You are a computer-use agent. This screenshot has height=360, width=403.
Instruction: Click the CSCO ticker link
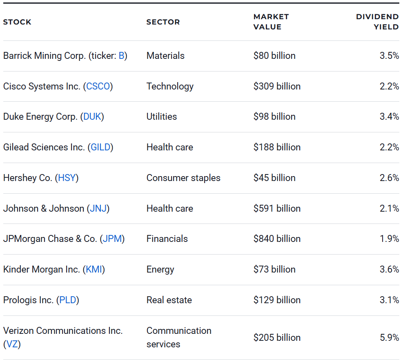click(x=98, y=86)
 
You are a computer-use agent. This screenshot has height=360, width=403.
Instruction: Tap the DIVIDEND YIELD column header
click(x=377, y=22)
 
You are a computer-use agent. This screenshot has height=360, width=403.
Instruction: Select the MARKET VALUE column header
click(x=271, y=22)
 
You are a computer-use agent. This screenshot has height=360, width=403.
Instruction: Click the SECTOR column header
click(x=163, y=22)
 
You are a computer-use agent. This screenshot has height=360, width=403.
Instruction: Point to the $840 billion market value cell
click(x=277, y=239)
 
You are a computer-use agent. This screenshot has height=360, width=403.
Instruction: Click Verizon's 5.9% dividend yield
click(x=389, y=338)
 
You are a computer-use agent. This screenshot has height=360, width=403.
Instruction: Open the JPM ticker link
click(x=112, y=239)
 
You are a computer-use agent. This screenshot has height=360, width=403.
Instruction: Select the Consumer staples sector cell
click(x=183, y=178)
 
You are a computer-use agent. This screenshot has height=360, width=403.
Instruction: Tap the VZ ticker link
click(x=12, y=344)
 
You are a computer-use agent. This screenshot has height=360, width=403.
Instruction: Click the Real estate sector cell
click(x=169, y=300)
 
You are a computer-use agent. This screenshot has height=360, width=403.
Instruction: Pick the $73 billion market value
click(x=274, y=269)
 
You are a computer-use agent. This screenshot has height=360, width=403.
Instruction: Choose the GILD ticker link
click(x=100, y=147)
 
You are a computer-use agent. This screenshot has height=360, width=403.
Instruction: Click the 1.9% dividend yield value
click(x=389, y=239)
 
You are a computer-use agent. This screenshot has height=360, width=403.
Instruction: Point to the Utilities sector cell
click(x=162, y=116)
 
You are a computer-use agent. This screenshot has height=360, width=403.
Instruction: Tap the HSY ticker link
click(x=67, y=178)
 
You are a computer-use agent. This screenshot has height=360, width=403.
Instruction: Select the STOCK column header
click(x=17, y=22)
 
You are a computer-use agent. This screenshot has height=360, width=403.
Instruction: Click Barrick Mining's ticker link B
click(x=121, y=56)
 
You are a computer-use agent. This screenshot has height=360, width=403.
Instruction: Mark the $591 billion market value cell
click(x=277, y=208)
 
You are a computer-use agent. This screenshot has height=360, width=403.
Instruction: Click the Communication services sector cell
click(x=179, y=337)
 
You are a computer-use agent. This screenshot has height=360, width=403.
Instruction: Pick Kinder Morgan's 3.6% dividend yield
click(x=389, y=269)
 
